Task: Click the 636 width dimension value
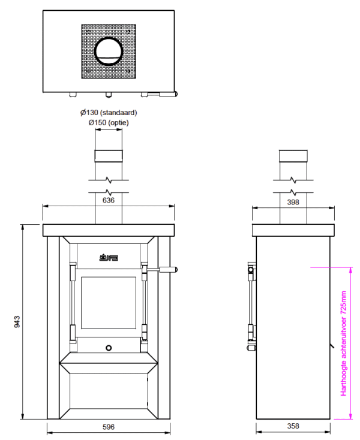coord(109,200)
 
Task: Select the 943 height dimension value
coord(17,322)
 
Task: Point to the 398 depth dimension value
coord(293,202)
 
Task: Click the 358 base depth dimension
coord(293,427)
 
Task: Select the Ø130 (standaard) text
coord(109,113)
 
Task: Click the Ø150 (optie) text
coord(109,122)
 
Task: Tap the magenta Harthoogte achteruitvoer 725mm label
coord(344,343)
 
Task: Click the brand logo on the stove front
coord(109,258)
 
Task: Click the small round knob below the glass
coord(109,348)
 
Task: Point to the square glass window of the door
coord(109,302)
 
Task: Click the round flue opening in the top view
coord(109,52)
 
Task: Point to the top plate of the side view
coord(293,230)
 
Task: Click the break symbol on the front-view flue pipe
coord(109,179)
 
